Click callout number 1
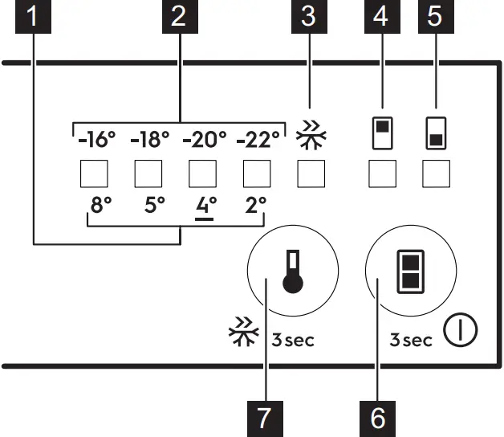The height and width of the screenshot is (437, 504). (33, 17)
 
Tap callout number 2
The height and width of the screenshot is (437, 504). (178, 17)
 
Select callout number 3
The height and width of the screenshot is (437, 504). (308, 17)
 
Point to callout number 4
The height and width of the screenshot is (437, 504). (382, 17)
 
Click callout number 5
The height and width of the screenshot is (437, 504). (435, 17)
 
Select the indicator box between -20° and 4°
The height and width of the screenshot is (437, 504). (202, 174)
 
